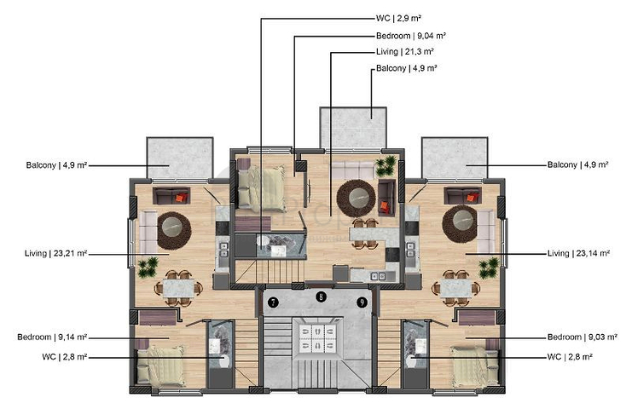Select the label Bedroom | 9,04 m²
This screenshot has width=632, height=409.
coord(412,36)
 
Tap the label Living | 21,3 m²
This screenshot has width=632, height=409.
coord(405,52)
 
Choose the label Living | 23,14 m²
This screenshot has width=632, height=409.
coord(577,253)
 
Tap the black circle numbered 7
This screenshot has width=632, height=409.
coord(273,302)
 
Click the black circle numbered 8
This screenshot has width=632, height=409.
coord(320,297)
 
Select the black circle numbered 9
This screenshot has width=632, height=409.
coord(362,302)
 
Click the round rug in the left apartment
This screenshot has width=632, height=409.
coord(174,227)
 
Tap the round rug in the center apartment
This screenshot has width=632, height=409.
coord(354,199)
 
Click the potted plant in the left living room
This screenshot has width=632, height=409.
coord(148,268)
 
